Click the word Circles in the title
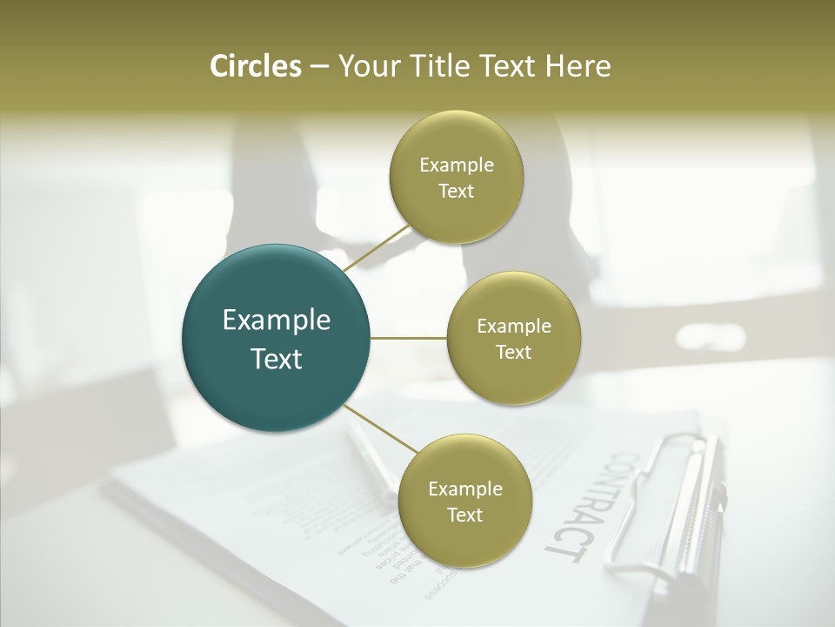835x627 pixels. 255,66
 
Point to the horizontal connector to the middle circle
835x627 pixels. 409,338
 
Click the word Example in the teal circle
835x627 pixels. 277,320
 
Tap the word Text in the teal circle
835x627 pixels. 277,359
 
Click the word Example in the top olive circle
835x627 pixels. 456,165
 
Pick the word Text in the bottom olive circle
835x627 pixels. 464,515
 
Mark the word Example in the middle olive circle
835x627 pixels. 513,327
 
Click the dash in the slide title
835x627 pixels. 319,66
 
